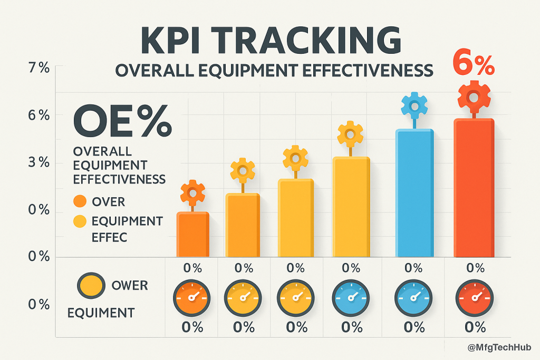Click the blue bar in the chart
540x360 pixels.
pyautogui.click(x=415, y=193)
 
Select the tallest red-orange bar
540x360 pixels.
pyautogui.click(x=474, y=188)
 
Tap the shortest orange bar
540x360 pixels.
pyautogui.click(x=192, y=235)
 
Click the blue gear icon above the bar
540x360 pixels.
pyautogui.click(x=414, y=105)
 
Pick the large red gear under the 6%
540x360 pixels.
pyautogui.click(x=474, y=96)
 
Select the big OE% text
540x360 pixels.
pyautogui.click(x=122, y=121)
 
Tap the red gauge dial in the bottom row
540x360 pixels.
pyautogui.click(x=473, y=297)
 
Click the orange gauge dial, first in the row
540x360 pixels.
pyautogui.click(x=191, y=297)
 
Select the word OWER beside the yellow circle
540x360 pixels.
pyautogui.click(x=130, y=286)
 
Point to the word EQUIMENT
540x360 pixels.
pyautogui.click(x=101, y=313)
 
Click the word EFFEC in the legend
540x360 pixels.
pyautogui.click(x=109, y=237)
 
